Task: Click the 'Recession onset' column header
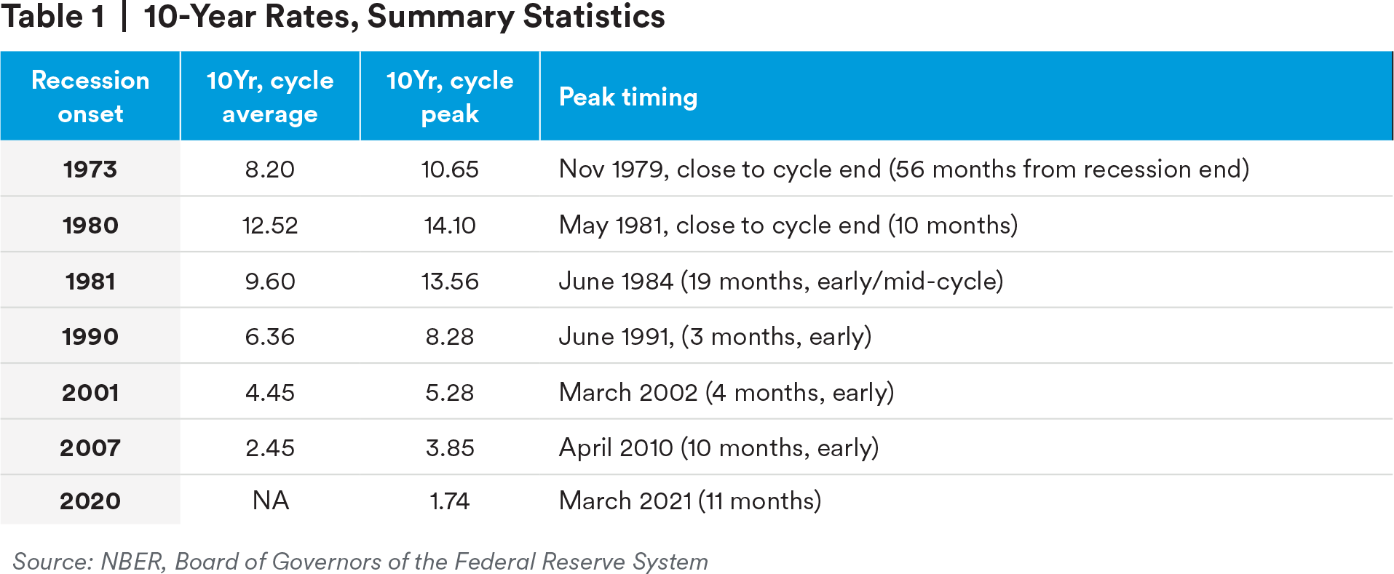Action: click(x=90, y=97)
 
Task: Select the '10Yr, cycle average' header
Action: click(x=270, y=97)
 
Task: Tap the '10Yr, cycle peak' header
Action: click(x=450, y=97)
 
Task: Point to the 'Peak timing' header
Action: click(x=628, y=97)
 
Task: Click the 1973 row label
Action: click(x=90, y=170)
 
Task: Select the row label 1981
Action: click(x=90, y=282)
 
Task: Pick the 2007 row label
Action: click(x=90, y=448)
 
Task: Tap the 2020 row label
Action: click(x=90, y=501)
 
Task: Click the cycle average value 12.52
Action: click(x=270, y=226)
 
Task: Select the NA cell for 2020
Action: click(x=270, y=501)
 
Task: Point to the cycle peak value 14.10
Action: click(x=450, y=226)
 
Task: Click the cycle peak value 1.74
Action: click(x=450, y=501)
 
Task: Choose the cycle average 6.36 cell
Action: click(x=270, y=337)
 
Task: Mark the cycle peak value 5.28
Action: click(x=450, y=393)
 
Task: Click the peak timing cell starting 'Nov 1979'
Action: click(x=903, y=170)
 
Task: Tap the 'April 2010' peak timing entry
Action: click(x=718, y=448)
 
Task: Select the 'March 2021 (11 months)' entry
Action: click(x=689, y=501)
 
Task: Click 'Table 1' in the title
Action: click(x=52, y=17)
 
